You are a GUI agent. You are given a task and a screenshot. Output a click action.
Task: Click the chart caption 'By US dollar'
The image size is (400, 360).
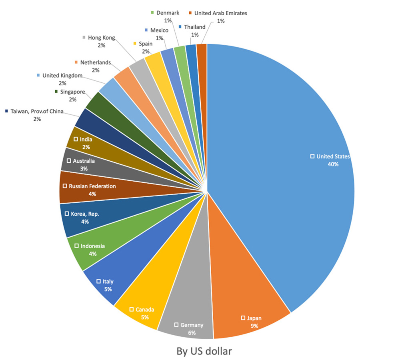204,351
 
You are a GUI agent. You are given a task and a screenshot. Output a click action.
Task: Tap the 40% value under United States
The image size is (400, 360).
333,164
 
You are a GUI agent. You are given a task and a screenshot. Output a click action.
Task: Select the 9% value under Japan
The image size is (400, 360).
254,326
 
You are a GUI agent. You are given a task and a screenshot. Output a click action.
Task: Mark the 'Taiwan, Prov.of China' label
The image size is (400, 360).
37,111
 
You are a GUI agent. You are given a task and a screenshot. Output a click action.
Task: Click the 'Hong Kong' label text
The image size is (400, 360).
101,38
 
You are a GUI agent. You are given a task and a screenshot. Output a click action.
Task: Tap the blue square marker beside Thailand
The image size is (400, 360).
180,27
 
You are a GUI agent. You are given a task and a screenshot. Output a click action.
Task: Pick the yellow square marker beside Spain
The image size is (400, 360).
135,43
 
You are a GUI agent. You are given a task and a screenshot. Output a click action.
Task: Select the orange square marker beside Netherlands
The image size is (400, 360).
76,62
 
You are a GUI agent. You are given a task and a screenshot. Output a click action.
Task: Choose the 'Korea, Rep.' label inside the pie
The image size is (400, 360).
85,214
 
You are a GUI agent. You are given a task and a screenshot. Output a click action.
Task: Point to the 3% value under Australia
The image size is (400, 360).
84,168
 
